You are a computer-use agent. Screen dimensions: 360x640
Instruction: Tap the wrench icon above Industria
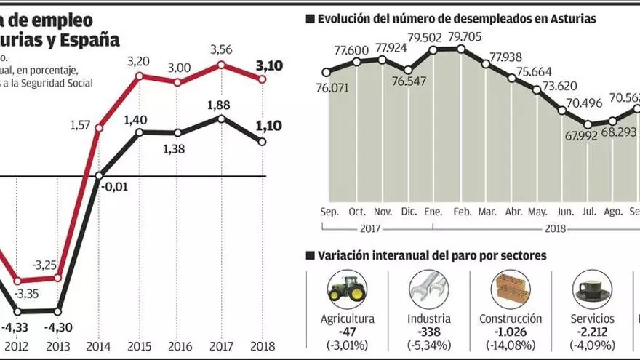pos(426,289)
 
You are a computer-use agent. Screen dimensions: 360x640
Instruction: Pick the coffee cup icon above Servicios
pos(592,290)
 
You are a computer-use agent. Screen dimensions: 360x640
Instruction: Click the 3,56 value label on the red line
pos(220,49)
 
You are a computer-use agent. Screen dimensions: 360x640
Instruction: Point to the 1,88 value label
pos(220,104)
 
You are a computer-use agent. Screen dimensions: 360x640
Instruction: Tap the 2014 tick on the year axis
pos(99,346)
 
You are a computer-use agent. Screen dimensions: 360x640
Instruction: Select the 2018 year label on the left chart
pos(263,346)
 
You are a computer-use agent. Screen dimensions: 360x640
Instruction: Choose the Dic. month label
pos(409,212)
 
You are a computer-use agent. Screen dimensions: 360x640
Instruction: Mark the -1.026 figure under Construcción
pos(511,332)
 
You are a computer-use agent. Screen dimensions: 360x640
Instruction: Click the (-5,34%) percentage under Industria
pos(428,344)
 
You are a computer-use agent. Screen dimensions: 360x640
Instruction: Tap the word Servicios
pos(593,319)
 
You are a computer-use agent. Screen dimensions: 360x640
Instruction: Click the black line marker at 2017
pos(220,117)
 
